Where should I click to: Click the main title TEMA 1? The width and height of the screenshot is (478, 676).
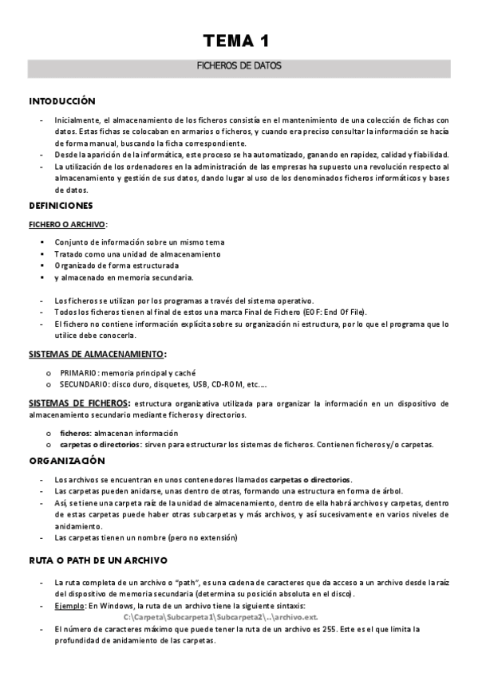239,40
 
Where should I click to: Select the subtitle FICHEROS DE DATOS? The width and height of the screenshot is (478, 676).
239,67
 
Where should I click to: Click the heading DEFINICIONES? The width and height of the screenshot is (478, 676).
61,206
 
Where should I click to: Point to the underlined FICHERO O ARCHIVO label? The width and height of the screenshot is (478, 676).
67,224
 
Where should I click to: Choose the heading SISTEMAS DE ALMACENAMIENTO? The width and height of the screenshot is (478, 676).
97,353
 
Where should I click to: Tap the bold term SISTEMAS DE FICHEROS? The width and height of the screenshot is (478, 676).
79,403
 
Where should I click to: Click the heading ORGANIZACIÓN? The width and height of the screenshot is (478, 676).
67,461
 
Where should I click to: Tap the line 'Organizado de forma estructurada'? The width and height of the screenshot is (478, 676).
117,265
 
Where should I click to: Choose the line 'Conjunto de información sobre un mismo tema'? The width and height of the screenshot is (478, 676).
140,242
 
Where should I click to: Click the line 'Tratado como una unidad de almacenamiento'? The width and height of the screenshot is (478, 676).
137,253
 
